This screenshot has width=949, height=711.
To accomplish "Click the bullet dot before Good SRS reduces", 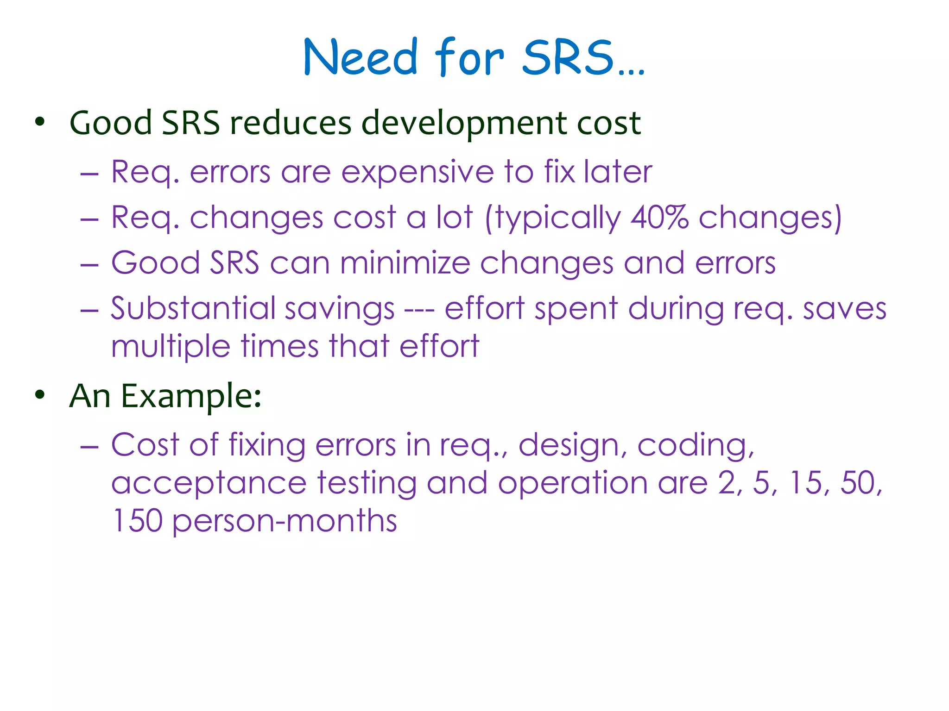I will [x=40, y=122].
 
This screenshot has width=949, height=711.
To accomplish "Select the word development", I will [x=464, y=124].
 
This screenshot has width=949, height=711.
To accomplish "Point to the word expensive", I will [x=418, y=172].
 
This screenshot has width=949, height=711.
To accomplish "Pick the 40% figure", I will [x=659, y=217].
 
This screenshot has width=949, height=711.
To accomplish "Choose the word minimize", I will [x=405, y=263].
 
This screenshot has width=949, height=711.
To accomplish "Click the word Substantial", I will [x=192, y=308].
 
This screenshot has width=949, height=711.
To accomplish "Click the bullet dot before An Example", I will [x=40, y=395].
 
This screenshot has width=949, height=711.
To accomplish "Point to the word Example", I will [x=191, y=397].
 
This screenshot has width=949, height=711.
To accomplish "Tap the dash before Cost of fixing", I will [x=89, y=446].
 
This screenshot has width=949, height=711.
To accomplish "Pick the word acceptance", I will [x=209, y=484].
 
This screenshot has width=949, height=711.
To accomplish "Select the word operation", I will [x=573, y=484].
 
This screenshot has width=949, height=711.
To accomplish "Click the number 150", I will [x=137, y=521].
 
